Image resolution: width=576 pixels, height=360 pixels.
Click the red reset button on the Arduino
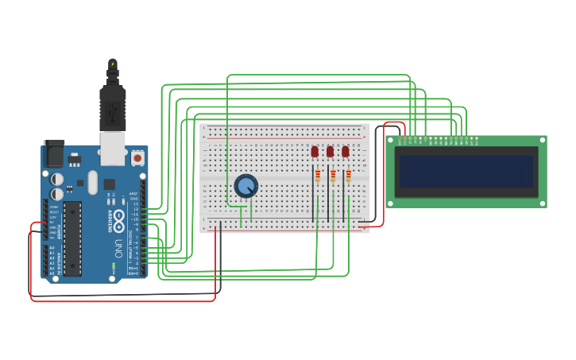click(x=137, y=158)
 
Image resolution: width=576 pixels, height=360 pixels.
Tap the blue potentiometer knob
click(x=246, y=186)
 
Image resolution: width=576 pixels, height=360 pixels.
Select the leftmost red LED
click(x=315, y=151)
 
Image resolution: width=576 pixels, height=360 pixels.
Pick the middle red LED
click(x=330, y=151)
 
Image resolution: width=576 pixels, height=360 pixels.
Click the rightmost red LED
click(x=345, y=151)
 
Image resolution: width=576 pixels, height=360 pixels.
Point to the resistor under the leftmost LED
click(x=318, y=176)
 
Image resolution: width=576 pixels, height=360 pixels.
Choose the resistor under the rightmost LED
click(x=348, y=176)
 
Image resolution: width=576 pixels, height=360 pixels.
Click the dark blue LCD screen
click(x=466, y=172)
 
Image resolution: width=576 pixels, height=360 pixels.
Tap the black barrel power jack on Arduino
click(x=53, y=153)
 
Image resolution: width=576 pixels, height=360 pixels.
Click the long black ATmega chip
click(x=72, y=238)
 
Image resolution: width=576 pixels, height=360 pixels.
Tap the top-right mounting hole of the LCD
click(x=542, y=141)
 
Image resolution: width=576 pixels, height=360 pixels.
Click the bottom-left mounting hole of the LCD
click(x=391, y=203)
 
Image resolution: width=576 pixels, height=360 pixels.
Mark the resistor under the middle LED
click(x=333, y=176)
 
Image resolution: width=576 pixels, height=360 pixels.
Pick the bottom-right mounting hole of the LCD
click(x=542, y=203)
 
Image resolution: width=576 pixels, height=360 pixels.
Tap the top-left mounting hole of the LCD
click(x=391, y=141)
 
